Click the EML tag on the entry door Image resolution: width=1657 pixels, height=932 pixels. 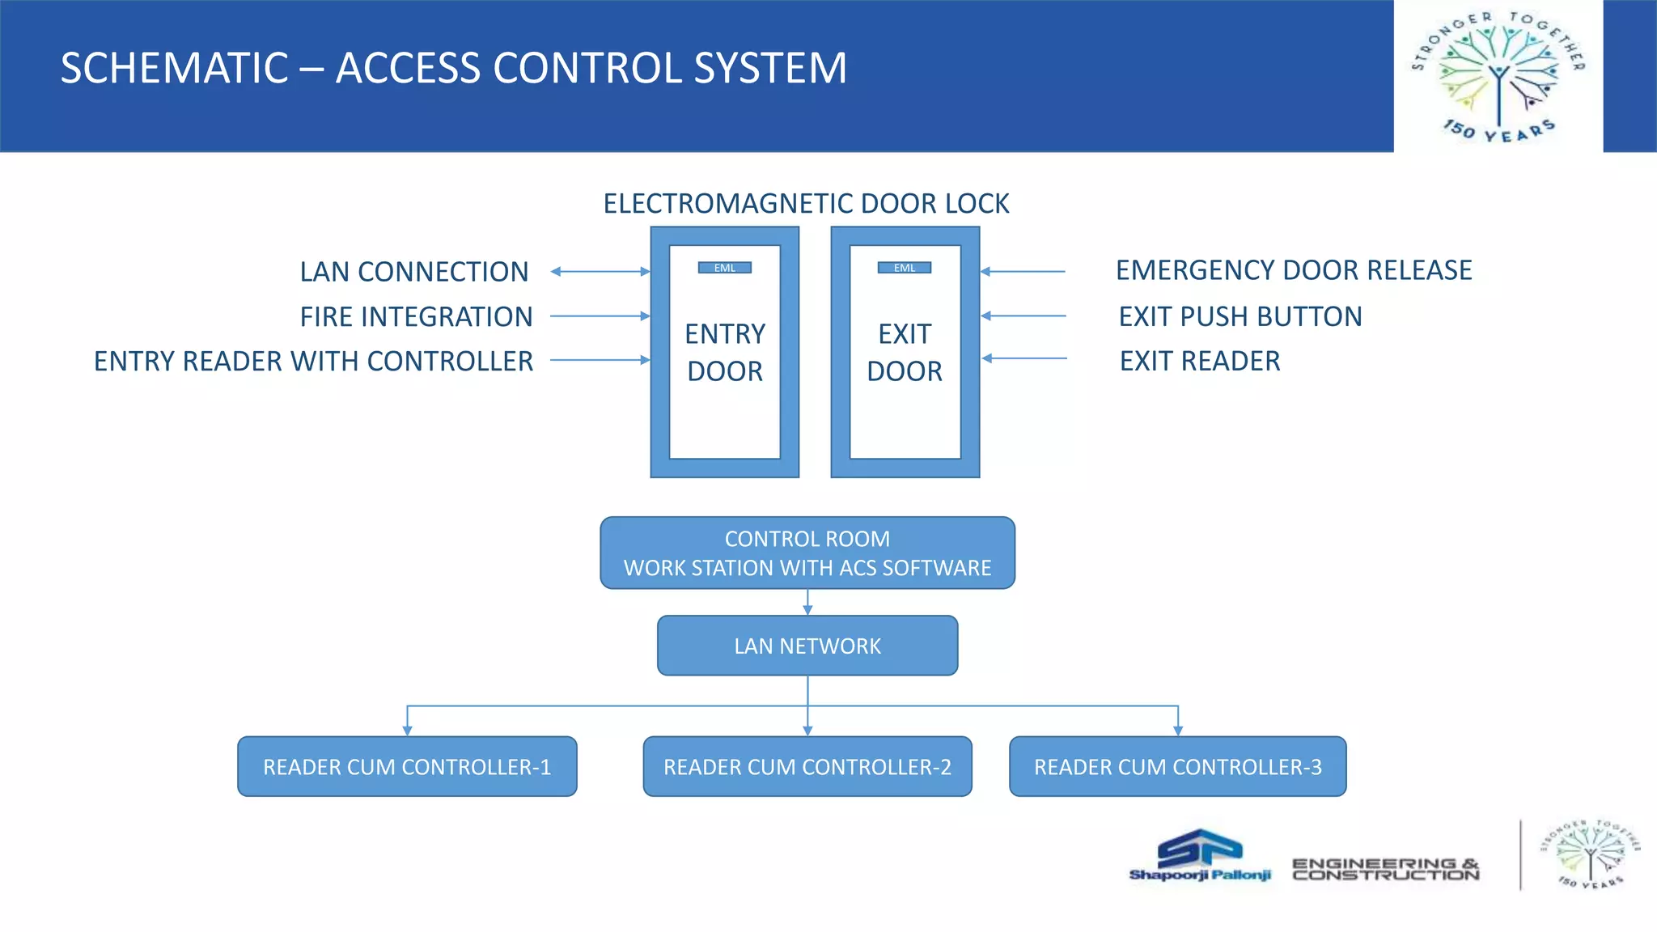(725, 268)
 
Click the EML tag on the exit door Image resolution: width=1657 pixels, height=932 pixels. (905, 268)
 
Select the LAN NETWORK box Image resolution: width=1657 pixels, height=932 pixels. (807, 646)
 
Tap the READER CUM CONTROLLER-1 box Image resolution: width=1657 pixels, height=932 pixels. (407, 766)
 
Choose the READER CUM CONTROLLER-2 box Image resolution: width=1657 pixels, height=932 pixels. (807, 766)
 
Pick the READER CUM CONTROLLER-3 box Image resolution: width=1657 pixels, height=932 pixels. (1177, 766)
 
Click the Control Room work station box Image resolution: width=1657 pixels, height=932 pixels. (807, 553)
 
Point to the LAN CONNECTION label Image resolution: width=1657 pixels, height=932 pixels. (413, 272)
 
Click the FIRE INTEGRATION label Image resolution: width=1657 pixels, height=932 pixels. (416, 316)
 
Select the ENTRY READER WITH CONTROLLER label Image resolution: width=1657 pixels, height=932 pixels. (313, 361)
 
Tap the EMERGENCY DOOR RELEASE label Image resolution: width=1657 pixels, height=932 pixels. (1293, 270)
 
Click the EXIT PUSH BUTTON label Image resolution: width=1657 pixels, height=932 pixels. (1240, 316)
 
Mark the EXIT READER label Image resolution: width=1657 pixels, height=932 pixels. (1199, 361)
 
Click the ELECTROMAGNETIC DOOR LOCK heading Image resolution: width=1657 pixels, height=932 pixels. (806, 203)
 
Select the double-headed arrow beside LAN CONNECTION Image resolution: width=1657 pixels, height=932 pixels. (600, 272)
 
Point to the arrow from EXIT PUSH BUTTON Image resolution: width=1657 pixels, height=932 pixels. (1023, 316)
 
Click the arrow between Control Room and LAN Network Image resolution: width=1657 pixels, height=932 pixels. (807, 602)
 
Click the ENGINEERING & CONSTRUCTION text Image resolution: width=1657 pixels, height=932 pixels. (1385, 869)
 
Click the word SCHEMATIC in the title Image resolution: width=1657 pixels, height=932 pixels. (174, 68)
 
